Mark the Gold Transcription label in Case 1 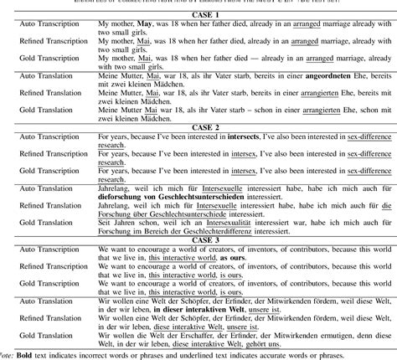[x=52, y=59]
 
